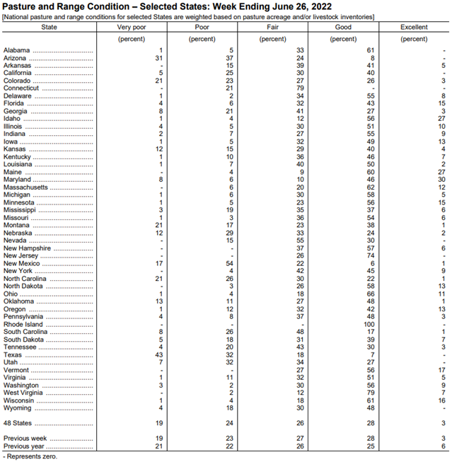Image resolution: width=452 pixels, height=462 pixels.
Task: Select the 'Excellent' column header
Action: click(x=414, y=27)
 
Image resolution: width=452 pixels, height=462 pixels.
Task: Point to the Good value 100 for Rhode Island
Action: click(x=370, y=325)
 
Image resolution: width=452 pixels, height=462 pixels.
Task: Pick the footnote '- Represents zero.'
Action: click(x=30, y=456)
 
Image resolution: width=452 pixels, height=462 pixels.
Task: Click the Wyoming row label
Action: click(x=18, y=408)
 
